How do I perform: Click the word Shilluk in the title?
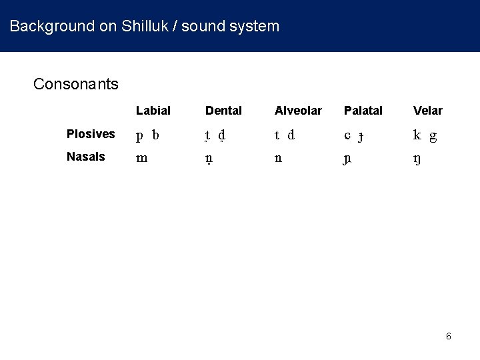pos(144,27)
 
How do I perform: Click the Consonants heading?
pos(76,84)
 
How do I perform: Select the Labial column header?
pos(153,110)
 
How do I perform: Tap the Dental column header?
pos(223,110)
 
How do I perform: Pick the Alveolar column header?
pos(298,110)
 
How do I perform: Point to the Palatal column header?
pos(363,110)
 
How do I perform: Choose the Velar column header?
pos(427,110)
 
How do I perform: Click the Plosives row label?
pos(91,134)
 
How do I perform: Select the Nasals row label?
pos(85,157)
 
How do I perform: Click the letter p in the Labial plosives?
pos(140,136)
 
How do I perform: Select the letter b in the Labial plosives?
pos(155,135)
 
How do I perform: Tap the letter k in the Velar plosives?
pos(417,135)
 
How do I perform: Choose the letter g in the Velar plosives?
pos(433,136)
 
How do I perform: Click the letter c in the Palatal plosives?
pos(347,135)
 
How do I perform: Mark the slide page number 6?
pos(449,336)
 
